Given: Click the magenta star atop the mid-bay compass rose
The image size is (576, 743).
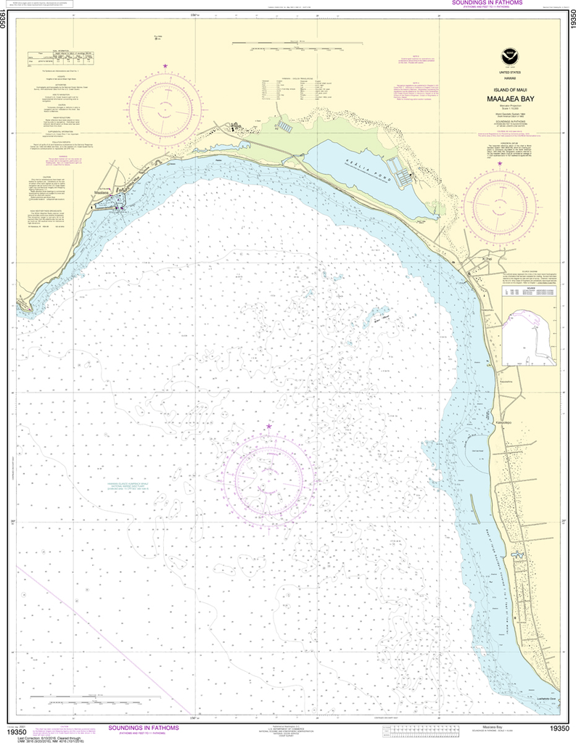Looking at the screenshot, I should (268, 426).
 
